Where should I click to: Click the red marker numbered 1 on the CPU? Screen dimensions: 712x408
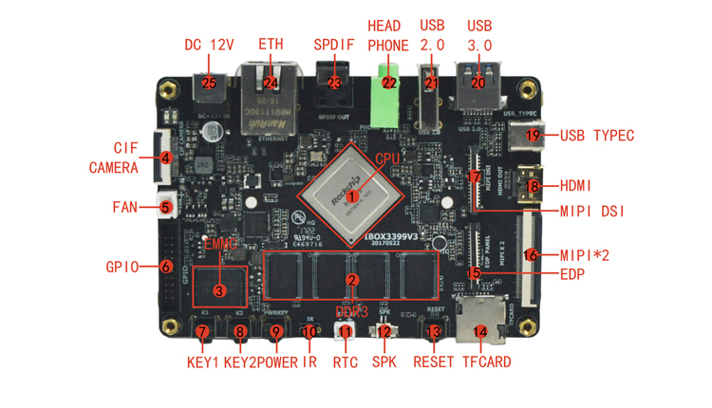click(x=352, y=196)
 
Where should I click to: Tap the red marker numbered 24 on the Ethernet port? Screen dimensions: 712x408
click(x=271, y=83)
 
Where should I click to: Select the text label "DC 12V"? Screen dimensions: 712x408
click(x=208, y=45)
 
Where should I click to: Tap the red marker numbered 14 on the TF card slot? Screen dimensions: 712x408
click(x=480, y=332)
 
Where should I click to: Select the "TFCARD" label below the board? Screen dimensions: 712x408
click(x=486, y=362)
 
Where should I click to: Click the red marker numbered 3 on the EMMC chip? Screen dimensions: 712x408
click(x=219, y=290)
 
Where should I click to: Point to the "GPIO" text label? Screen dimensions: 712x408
click(x=123, y=267)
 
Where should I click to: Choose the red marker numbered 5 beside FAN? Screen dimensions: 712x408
click(x=165, y=207)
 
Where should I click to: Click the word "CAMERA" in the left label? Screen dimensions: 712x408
click(x=115, y=168)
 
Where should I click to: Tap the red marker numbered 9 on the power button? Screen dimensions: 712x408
click(x=276, y=332)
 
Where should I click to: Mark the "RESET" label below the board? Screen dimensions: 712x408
click(x=434, y=362)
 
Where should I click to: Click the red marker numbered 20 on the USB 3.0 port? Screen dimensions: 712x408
click(x=478, y=83)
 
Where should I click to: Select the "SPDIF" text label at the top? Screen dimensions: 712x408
click(x=333, y=45)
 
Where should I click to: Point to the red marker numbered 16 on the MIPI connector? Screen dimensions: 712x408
click(x=531, y=254)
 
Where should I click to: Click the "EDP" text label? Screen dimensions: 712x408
click(x=572, y=275)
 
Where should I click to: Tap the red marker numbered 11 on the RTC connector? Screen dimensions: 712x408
click(x=346, y=332)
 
